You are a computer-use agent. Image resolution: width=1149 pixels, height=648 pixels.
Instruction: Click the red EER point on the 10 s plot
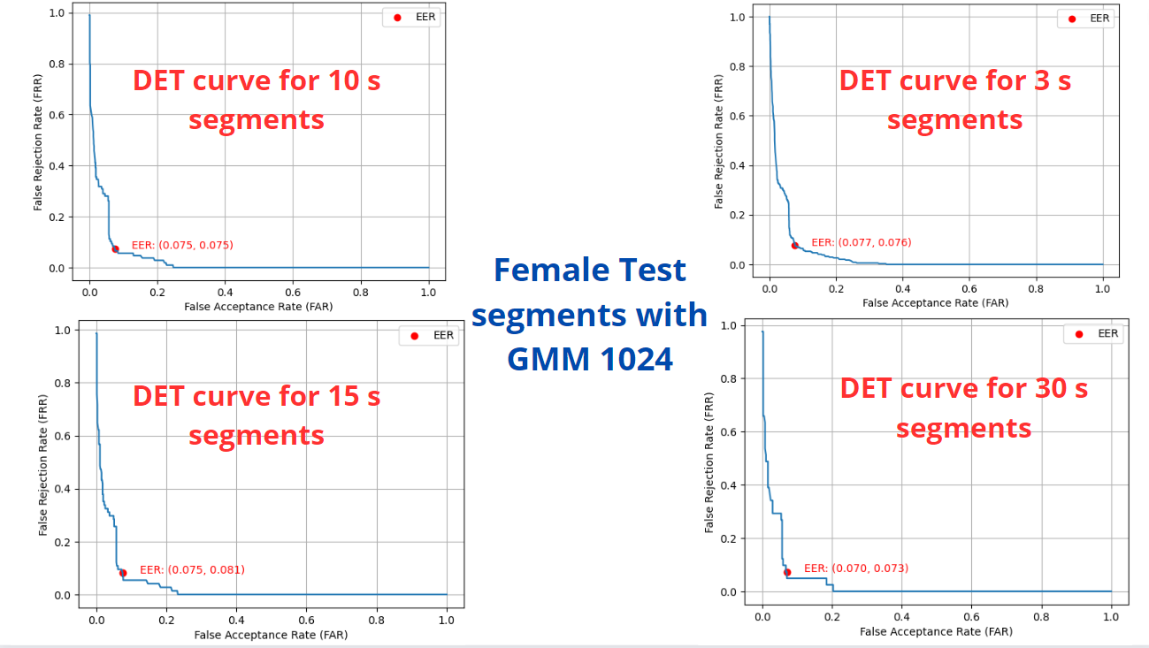pos(115,248)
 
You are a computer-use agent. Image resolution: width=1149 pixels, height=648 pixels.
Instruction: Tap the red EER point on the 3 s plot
pos(794,245)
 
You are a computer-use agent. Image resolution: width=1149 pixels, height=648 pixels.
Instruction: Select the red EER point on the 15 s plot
pos(123,573)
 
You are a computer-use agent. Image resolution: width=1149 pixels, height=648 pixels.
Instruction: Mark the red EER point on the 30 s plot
pos(787,572)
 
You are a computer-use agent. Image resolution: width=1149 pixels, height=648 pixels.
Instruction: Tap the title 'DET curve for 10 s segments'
pos(257,99)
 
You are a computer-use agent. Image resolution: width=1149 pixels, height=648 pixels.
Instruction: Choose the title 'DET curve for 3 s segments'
pos(955,99)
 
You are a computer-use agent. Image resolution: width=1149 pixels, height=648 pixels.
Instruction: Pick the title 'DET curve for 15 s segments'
pos(257,415)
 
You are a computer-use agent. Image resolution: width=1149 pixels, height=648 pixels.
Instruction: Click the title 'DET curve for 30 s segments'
pos(963,408)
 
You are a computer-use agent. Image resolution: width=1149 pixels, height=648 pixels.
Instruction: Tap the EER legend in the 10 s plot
pos(413,17)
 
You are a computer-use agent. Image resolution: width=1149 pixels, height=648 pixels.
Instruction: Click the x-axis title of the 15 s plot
pos(271,634)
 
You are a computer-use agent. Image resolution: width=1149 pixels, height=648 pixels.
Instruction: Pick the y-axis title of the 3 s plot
pos(718,141)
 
